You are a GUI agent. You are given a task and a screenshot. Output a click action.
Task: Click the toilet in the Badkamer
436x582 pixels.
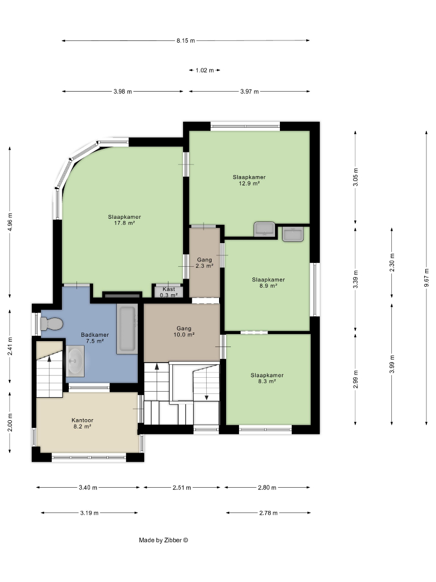pos(52,324)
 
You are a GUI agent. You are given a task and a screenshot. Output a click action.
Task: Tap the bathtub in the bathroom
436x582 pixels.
pos(127,329)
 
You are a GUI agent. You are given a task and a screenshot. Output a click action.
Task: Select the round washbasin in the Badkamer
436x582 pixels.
pos(75,361)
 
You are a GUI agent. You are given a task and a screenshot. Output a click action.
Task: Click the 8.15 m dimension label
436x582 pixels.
pos(186,41)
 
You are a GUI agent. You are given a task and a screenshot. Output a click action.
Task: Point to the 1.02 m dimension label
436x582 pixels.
pos(205,70)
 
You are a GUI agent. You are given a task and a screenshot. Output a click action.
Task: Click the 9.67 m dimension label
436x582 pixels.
pos(427,278)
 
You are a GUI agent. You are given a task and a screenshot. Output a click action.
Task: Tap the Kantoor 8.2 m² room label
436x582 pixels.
pos(82,424)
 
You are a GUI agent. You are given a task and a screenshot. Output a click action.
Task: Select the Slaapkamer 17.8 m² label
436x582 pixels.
pos(124,220)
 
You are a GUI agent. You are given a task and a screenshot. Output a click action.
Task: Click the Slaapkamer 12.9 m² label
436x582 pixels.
pos(249,181)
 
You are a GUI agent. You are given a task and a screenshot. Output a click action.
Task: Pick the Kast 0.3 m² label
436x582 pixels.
pos(168,292)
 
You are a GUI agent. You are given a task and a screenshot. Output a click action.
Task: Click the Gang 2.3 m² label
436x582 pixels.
pos(205,263)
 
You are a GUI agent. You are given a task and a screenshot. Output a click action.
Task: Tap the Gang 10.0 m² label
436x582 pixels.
pos(184,331)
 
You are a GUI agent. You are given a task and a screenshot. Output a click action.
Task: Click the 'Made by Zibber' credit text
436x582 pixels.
pos(164,541)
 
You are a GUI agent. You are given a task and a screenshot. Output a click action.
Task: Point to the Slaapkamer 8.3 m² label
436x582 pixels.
pos(267,378)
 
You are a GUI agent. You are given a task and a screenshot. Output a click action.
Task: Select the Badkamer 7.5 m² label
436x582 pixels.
pos(95,338)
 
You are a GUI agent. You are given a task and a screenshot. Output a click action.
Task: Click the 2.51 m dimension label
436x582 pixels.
pos(182,488)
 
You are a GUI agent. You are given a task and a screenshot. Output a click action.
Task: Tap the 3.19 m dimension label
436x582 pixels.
pos(89,514)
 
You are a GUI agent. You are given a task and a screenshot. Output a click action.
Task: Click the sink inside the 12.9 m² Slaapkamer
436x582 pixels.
pos(264,230)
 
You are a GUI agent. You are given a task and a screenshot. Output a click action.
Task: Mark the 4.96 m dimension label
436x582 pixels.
pos(10,222)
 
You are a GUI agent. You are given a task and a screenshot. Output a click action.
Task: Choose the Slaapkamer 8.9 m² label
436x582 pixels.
pos(269,283)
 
